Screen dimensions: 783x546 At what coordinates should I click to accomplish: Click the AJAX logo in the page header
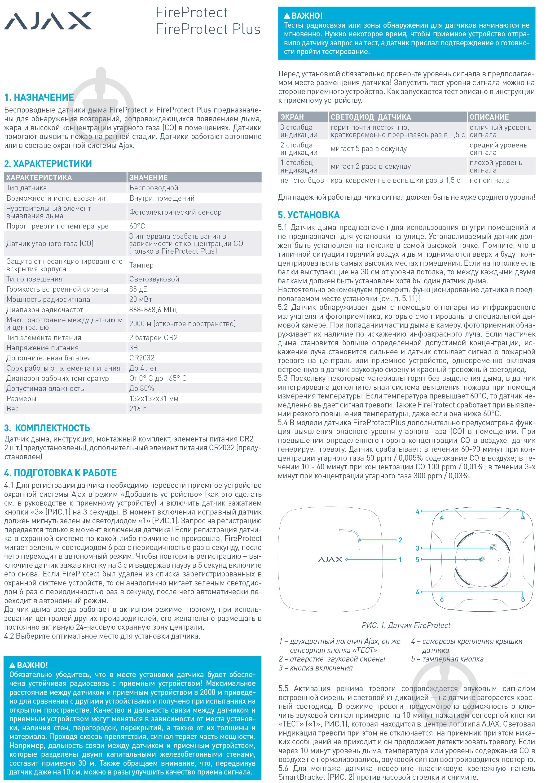48,21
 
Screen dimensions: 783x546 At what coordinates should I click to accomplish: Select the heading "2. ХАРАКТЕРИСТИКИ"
48,164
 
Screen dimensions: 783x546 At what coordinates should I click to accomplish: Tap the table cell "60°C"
137,226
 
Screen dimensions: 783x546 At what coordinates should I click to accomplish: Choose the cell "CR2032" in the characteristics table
142,358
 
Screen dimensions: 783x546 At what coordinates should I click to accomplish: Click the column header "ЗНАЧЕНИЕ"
148,177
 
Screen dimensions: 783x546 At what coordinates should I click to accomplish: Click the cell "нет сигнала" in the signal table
490,180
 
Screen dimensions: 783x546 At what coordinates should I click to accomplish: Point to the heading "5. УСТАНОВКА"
309,215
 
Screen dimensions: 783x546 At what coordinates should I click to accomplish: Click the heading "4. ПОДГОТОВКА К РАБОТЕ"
60,473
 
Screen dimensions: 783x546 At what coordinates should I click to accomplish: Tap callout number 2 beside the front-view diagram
400,540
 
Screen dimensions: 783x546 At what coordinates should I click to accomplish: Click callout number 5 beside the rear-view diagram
417,560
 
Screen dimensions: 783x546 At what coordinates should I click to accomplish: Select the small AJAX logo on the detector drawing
330,559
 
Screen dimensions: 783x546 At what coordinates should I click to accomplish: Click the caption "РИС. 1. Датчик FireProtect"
406,625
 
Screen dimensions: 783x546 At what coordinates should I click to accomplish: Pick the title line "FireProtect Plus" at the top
208,29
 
